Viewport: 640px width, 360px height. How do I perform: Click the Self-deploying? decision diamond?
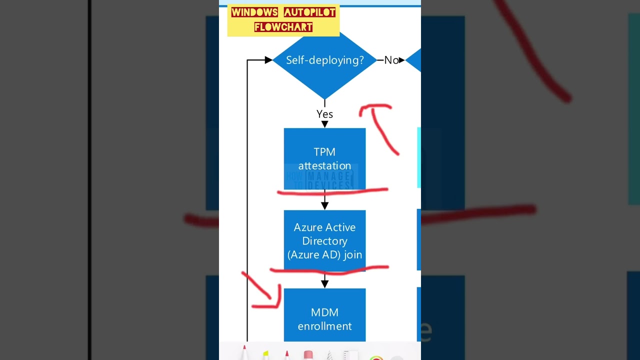pyautogui.click(x=324, y=60)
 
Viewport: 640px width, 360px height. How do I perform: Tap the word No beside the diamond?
pyautogui.click(x=391, y=60)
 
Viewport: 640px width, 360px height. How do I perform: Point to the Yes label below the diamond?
pyautogui.click(x=324, y=114)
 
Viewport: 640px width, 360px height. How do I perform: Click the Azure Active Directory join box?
pyautogui.click(x=324, y=240)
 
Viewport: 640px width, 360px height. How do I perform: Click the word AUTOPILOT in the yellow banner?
pyautogui.click(x=309, y=12)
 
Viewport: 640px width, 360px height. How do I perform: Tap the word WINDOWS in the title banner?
pyautogui.click(x=254, y=12)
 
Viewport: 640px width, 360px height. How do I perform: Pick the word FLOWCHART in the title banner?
pyautogui.click(x=283, y=27)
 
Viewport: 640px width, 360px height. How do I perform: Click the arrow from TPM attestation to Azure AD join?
pyautogui.click(x=324, y=201)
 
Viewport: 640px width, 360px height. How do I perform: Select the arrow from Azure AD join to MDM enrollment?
pyautogui.click(x=324, y=280)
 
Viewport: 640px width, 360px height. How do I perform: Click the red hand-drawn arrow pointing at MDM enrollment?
pyautogui.click(x=265, y=292)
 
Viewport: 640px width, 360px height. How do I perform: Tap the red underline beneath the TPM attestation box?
pyautogui.click(x=332, y=191)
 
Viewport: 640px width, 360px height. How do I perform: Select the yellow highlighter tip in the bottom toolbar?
pyautogui.click(x=265, y=354)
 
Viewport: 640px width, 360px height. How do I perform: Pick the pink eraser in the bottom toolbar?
pyautogui.click(x=308, y=354)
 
